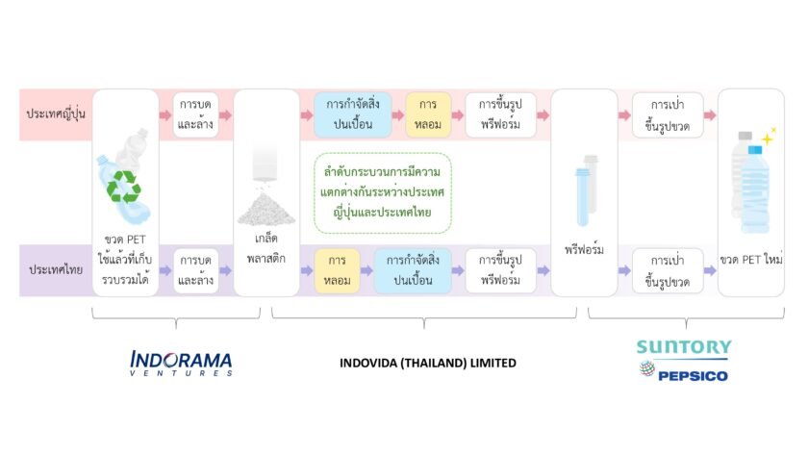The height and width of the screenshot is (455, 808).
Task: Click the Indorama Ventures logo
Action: (x=181, y=364)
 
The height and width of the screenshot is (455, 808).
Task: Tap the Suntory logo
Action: (x=684, y=347)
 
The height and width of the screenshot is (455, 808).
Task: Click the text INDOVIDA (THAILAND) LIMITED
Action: (x=428, y=363)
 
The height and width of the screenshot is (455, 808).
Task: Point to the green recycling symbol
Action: (x=124, y=187)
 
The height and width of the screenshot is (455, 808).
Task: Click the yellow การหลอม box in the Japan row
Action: (x=428, y=114)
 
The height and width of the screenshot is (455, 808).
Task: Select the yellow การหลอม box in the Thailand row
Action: (x=337, y=270)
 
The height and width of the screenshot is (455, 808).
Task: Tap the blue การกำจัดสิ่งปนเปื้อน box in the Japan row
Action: (x=353, y=114)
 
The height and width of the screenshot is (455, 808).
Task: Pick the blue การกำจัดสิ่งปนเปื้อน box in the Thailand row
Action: (x=413, y=270)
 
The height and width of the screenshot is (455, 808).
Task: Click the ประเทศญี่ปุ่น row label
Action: (x=56, y=114)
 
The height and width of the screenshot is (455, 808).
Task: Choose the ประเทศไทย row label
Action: (x=56, y=269)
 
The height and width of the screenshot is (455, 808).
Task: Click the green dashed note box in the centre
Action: (x=383, y=192)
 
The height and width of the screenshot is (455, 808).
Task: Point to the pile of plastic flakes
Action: (x=265, y=209)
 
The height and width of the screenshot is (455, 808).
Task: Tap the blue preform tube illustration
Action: (x=582, y=197)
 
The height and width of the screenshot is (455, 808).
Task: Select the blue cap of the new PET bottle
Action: (x=755, y=150)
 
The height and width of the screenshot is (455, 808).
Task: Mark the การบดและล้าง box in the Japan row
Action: (x=195, y=114)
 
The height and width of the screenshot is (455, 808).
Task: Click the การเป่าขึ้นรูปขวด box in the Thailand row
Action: (x=668, y=270)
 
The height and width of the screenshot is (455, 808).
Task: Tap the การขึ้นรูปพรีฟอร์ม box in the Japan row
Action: (x=500, y=114)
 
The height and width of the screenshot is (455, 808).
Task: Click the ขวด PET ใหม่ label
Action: (x=751, y=259)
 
